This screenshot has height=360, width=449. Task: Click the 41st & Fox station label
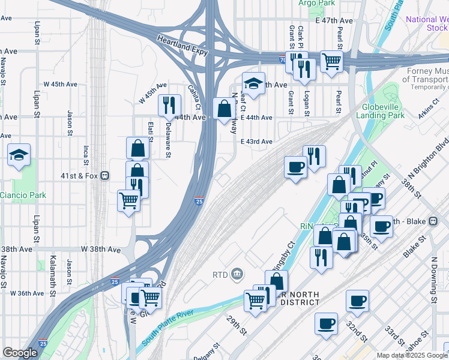(80, 176)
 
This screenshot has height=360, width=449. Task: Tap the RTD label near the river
(221, 274)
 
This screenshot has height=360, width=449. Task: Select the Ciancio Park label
(23, 195)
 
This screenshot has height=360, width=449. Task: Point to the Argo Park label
(316, 3)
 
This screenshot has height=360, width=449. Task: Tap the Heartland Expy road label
(182, 46)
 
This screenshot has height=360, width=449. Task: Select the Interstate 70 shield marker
(283, 59)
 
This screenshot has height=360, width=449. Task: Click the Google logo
(20, 353)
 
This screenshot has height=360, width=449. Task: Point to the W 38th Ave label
(101, 248)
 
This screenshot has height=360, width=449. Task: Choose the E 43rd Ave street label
(256, 142)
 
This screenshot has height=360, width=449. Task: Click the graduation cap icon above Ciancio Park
(19, 155)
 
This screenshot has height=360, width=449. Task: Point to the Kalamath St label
(53, 270)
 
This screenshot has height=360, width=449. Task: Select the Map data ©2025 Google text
(412, 355)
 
